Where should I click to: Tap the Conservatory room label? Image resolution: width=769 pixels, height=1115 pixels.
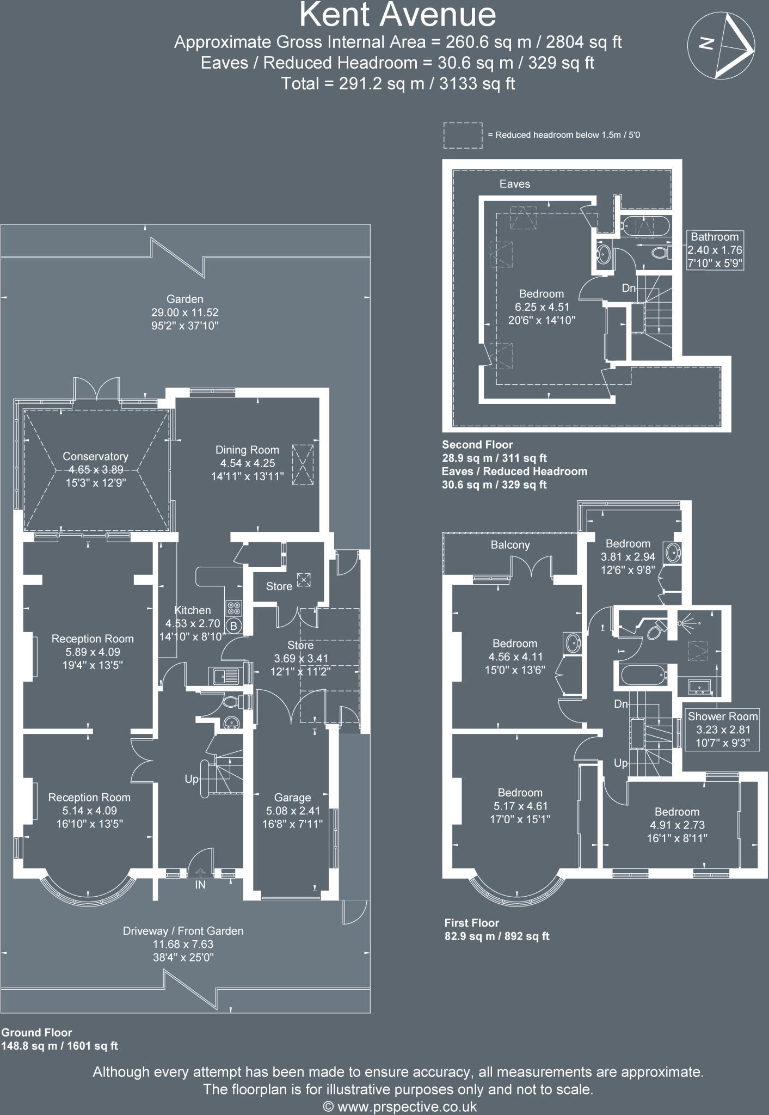pyautogui.click(x=95, y=456)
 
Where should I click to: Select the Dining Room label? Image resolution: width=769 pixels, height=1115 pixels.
pyautogui.click(x=247, y=450)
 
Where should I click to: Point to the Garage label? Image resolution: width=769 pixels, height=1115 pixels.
pyautogui.click(x=292, y=798)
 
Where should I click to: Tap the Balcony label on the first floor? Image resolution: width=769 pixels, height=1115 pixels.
pyautogui.click(x=510, y=545)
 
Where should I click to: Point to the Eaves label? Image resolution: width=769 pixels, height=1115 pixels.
pyautogui.click(x=515, y=184)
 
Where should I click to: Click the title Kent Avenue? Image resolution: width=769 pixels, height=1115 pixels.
pyautogui.click(x=398, y=15)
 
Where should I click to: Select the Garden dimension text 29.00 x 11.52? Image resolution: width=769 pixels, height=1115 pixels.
pyautogui.click(x=185, y=313)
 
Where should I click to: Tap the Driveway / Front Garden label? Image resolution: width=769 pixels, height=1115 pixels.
pyautogui.click(x=183, y=931)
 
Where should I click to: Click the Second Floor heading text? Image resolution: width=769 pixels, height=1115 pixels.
pyautogui.click(x=477, y=445)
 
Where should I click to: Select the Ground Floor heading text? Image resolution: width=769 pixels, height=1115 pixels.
pyautogui.click(x=36, y=1032)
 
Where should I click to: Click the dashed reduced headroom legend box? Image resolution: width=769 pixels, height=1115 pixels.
pyautogui.click(x=463, y=135)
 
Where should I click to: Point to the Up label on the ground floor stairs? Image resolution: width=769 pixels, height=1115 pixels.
pyautogui.click(x=192, y=779)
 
